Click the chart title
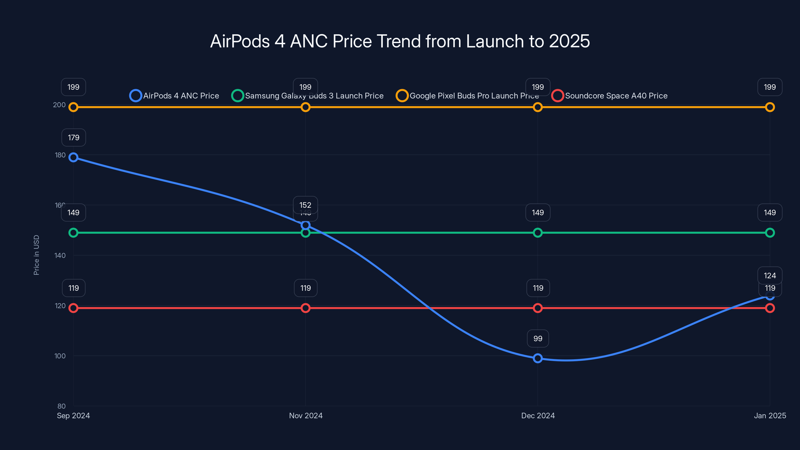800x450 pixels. [400, 41]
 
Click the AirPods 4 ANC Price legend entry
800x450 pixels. [174, 96]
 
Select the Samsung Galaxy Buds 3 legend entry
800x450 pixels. [307, 96]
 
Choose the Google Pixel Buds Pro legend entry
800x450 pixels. [467, 96]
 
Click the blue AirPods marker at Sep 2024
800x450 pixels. [73, 157]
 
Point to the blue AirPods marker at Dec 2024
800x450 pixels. [537, 358]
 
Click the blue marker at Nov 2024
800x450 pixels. [305, 225]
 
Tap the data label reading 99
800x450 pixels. [537, 338]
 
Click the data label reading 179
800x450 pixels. [73, 137]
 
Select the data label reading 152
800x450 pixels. [305, 205]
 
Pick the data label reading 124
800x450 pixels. [769, 275]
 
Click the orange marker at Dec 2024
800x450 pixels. [537, 107]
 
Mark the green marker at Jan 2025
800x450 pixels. [769, 232]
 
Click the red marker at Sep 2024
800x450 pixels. [73, 308]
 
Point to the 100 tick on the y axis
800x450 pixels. [60, 356]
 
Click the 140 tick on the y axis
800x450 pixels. [60, 255]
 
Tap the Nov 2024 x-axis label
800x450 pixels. [305, 415]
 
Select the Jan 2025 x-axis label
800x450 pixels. [769, 415]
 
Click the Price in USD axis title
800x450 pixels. [36, 255]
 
